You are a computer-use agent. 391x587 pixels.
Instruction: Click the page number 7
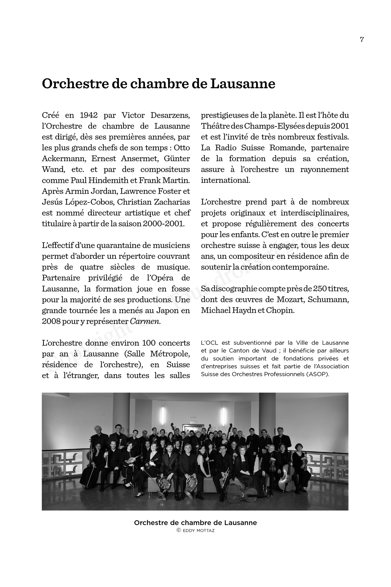tap(362, 40)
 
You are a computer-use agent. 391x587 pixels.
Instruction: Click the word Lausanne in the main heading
tap(243, 84)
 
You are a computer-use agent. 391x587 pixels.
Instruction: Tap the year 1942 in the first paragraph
tap(89, 115)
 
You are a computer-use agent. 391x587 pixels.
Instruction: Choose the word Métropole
tap(170, 354)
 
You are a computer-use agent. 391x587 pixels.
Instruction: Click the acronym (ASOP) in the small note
tap(318, 375)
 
